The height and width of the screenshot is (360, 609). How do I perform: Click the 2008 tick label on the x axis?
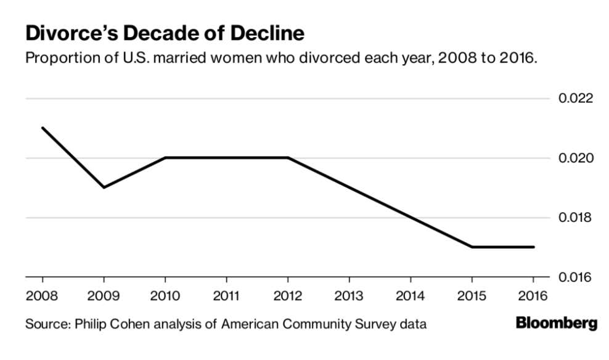pyautogui.click(x=41, y=296)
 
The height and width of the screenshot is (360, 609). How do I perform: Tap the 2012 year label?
pyautogui.click(x=287, y=296)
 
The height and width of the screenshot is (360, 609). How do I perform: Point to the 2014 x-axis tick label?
pyautogui.click(x=410, y=296)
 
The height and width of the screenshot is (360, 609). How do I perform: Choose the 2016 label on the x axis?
pyautogui.click(x=533, y=296)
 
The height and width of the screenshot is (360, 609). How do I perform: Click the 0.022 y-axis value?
pyautogui.click(x=576, y=99)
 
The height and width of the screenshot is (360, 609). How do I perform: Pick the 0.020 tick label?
pyautogui.click(x=576, y=158)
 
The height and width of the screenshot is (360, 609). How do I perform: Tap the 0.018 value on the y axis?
pyautogui.click(x=576, y=218)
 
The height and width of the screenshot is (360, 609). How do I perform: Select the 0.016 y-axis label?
pyautogui.click(x=576, y=277)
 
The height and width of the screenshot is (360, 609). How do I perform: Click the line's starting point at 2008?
pyautogui.click(x=42, y=128)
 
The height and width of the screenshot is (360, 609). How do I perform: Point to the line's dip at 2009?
pyautogui.click(x=104, y=187)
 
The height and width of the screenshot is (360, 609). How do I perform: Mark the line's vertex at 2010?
pyautogui.click(x=165, y=158)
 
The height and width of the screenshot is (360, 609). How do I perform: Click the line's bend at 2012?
pyautogui.click(x=288, y=158)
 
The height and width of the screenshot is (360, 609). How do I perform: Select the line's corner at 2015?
pyautogui.click(x=472, y=247)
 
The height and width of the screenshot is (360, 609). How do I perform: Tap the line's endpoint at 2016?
pyautogui.click(x=534, y=247)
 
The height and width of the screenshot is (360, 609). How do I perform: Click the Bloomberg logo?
pyautogui.click(x=556, y=323)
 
